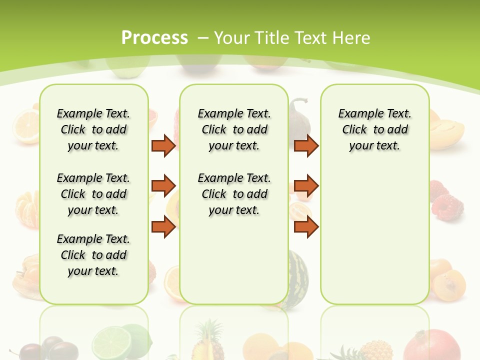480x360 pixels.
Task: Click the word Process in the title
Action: [154, 37]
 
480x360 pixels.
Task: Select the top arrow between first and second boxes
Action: [163, 145]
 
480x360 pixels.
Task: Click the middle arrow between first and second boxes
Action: [163, 186]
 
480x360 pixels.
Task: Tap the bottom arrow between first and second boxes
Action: [163, 227]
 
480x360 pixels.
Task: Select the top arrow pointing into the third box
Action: [306, 145]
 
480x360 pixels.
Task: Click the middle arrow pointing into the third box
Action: [306, 186]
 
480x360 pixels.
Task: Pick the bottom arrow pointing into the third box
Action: [306, 227]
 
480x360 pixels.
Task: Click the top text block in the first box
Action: [93, 129]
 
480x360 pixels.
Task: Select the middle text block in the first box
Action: [93, 194]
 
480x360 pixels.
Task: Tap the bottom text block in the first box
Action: [93, 255]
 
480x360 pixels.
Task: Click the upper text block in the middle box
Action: [234, 129]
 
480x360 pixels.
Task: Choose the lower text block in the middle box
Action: [234, 194]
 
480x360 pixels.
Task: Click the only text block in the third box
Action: [374, 129]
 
